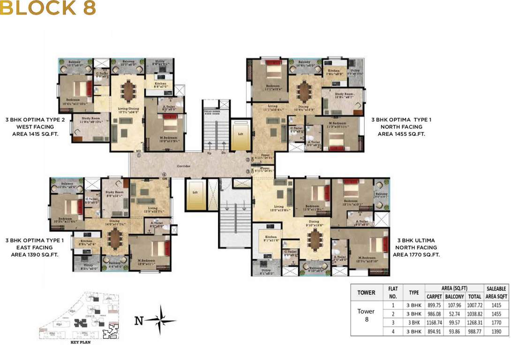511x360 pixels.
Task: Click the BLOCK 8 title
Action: coord(48,8)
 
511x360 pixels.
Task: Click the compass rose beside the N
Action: coord(161,321)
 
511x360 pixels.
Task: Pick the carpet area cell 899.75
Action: coord(434,305)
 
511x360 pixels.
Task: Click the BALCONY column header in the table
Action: coord(454,297)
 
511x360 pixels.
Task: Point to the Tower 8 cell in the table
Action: coord(366,315)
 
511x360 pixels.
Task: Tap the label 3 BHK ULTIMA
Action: coord(416,240)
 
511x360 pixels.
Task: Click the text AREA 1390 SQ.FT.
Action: coord(35,255)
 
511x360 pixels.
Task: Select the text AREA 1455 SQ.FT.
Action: coord(401,134)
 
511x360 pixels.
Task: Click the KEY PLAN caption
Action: coord(80,342)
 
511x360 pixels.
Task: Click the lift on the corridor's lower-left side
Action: coord(194,194)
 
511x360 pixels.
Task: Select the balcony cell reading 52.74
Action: coord(454,313)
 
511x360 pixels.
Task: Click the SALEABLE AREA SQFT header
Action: coord(496,292)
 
